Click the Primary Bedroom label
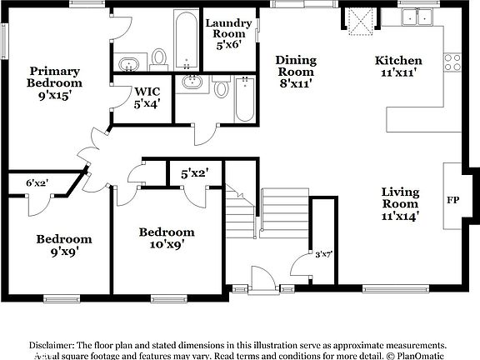click(55, 82)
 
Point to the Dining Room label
click(296, 71)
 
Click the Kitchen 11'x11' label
click(398, 67)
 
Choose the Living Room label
click(400, 203)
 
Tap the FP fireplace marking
click(452, 201)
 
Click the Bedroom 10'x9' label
click(167, 237)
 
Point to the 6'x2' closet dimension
click(37, 182)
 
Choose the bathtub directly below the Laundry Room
click(244, 101)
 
